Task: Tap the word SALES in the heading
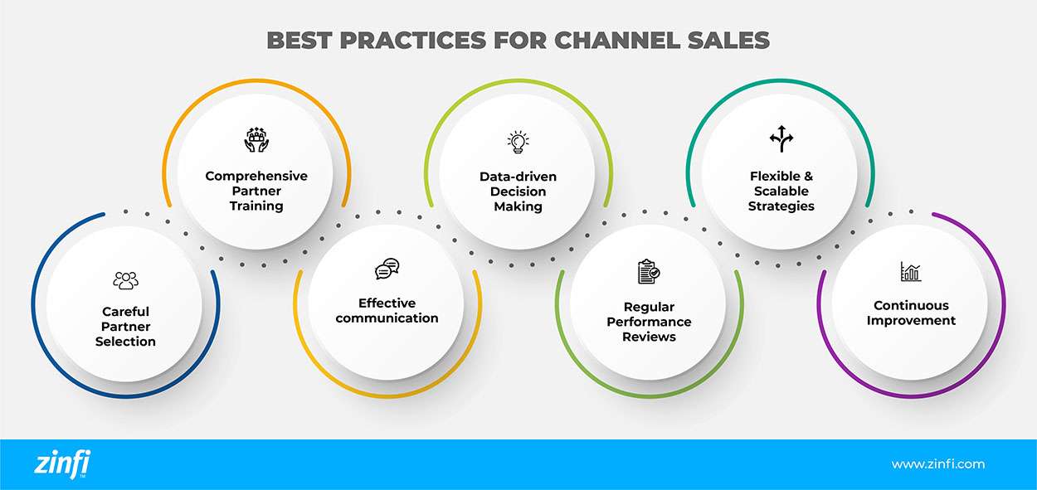[x=730, y=40]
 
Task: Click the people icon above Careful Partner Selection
[x=126, y=280]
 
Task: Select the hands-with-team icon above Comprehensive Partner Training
[x=256, y=139]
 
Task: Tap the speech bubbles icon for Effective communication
[x=387, y=269]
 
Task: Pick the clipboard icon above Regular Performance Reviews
[x=649, y=272]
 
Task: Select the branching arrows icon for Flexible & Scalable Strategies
[x=781, y=139]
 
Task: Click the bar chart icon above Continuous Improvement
[x=911, y=272]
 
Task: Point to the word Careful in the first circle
[x=126, y=312]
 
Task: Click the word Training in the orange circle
[x=256, y=206]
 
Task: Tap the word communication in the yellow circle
[x=387, y=318]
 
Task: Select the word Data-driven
[x=518, y=177]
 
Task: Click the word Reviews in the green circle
[x=649, y=337]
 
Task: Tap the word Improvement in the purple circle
[x=911, y=320]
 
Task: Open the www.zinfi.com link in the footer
[x=937, y=464]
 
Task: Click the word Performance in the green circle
[x=649, y=322]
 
